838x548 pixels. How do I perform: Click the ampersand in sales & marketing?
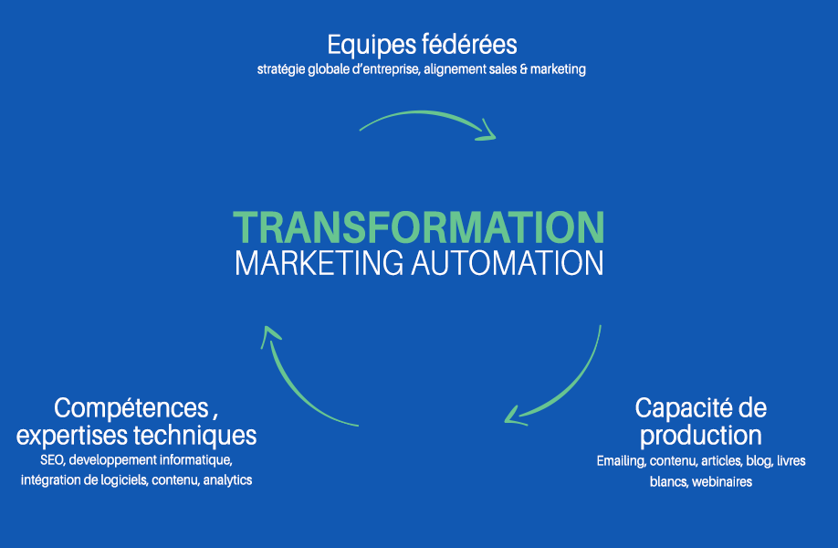pos(523,69)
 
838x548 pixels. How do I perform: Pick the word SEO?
pos(52,459)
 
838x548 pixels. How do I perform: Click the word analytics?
pos(228,479)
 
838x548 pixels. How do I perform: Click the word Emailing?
pos(621,460)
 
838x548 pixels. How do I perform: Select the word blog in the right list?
pos(757,460)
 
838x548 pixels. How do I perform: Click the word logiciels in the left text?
pos(123,479)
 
